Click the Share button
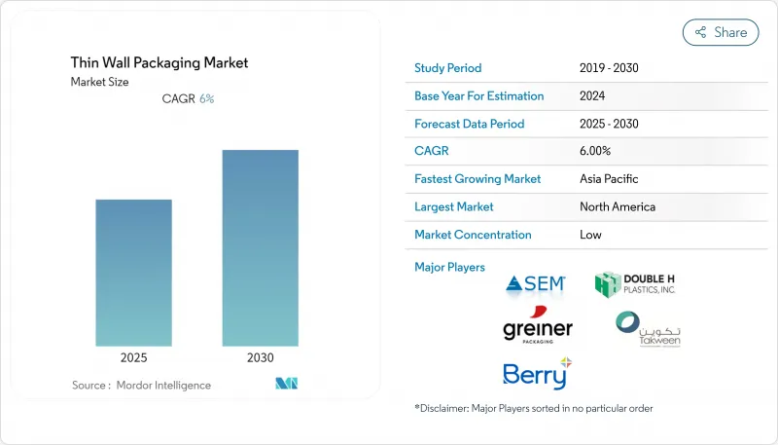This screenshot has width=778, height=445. pos(721,32)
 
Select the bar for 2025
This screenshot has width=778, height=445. pos(133,273)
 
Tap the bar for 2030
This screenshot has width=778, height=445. pos(260,247)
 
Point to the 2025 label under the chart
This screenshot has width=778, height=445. pos(133,357)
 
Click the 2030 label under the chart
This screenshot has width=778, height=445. pos(260,357)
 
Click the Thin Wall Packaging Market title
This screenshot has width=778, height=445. pos(159,62)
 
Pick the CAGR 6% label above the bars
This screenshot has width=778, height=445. pos(188,98)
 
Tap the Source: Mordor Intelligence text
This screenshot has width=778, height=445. pos(141,386)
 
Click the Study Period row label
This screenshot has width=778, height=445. pos(447,68)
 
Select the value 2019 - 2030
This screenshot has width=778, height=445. pos(610,68)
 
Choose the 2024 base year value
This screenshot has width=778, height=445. pos(592,96)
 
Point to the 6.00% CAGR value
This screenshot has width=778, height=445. pos(594,151)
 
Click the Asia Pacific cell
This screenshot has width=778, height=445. pos(608,179)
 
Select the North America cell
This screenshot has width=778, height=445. pos(617,206)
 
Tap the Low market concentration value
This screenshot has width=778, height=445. pos(590,235)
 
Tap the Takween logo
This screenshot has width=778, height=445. pos(642,330)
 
